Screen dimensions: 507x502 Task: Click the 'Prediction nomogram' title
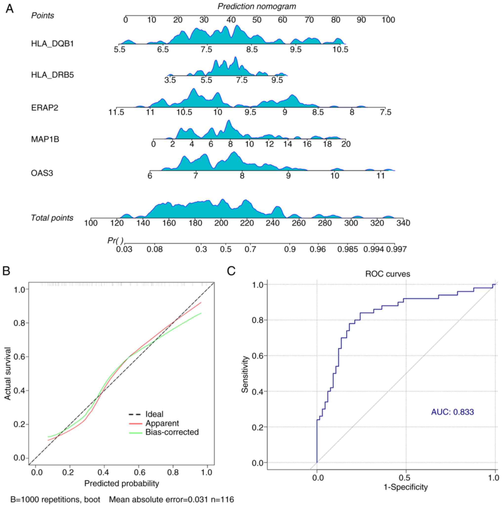[x=256, y=6]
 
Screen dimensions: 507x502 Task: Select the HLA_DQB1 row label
[x=52, y=43]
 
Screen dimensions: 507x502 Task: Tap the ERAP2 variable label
[x=44, y=108]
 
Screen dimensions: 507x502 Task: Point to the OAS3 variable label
[x=42, y=173]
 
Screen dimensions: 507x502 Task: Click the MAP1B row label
[x=45, y=139]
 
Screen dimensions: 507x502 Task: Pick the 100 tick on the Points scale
[x=388, y=20]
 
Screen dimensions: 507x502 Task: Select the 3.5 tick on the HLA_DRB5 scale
[x=170, y=80]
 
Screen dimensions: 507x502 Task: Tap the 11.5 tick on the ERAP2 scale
[x=116, y=113]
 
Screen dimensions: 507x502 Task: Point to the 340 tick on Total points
[x=403, y=223]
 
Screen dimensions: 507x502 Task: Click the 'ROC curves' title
[x=387, y=274]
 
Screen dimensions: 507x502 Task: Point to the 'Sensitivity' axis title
[x=245, y=374]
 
